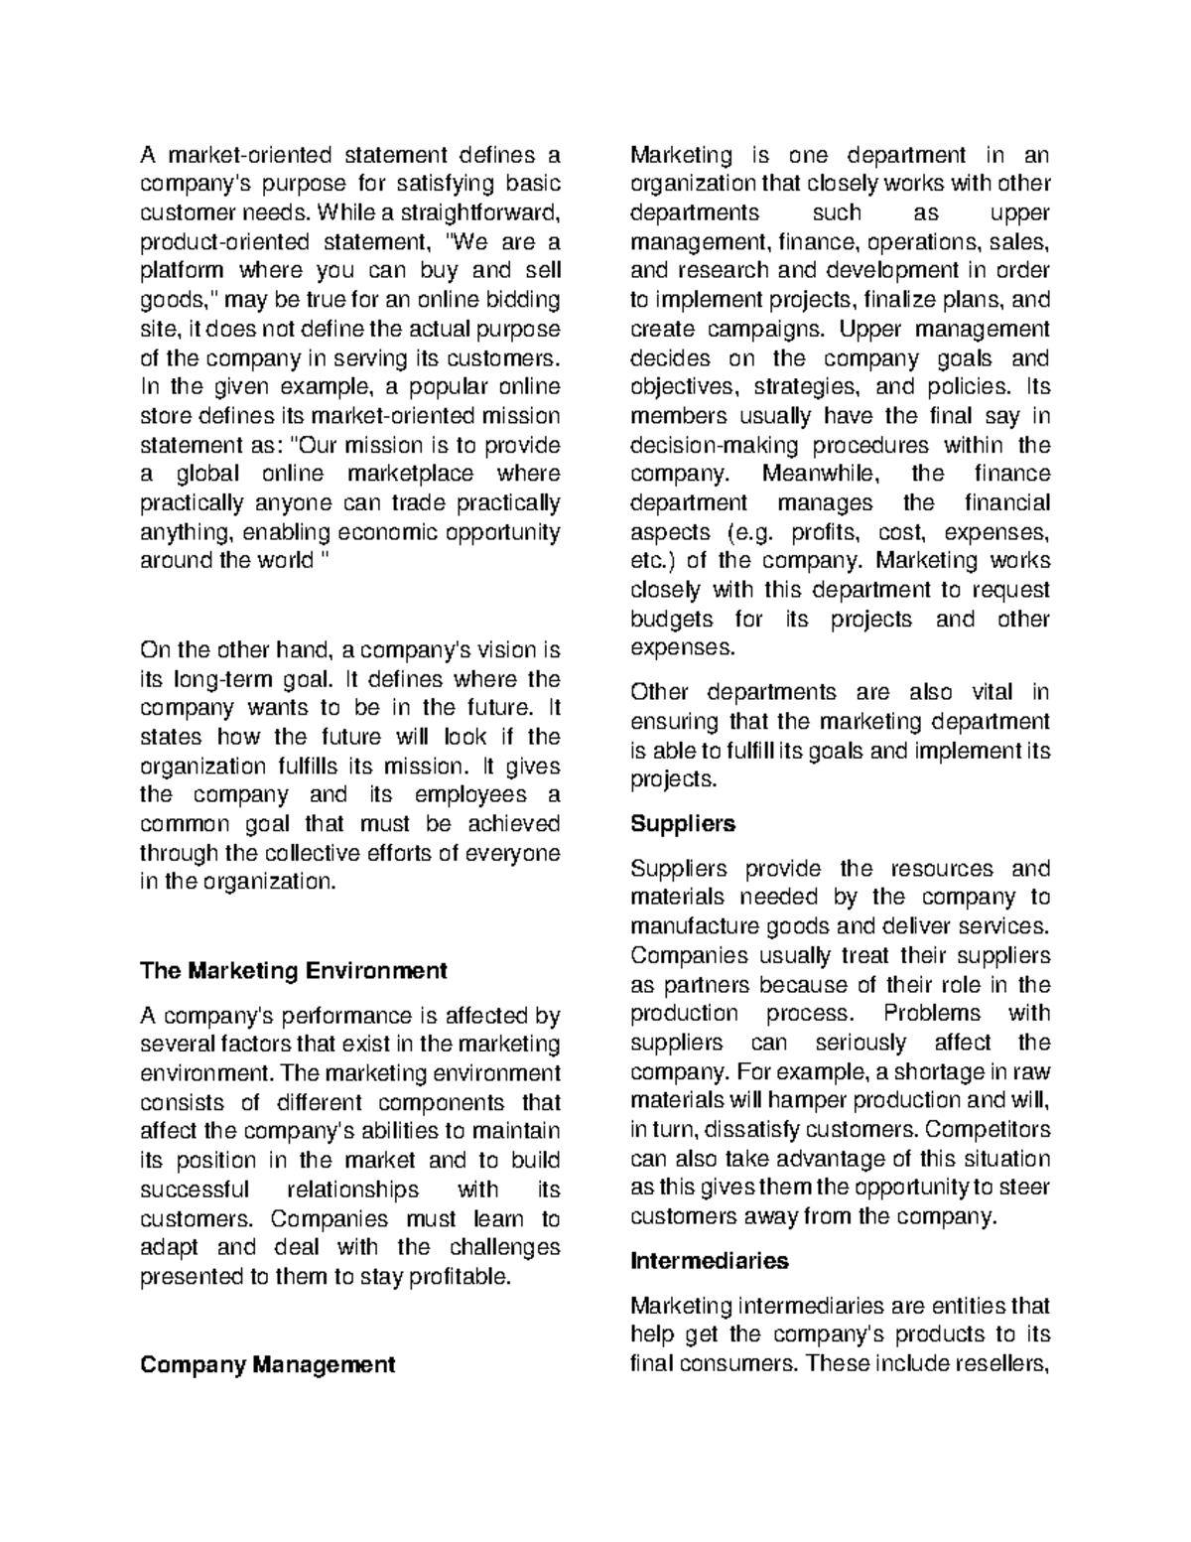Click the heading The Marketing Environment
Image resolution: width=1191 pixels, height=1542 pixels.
294,970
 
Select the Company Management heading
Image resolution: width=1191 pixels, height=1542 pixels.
267,1364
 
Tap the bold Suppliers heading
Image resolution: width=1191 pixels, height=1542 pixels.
683,823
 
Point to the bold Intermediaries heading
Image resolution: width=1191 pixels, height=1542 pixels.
709,1261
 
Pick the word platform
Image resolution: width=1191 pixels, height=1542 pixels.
182,270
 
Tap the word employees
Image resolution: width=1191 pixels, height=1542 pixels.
458,795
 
